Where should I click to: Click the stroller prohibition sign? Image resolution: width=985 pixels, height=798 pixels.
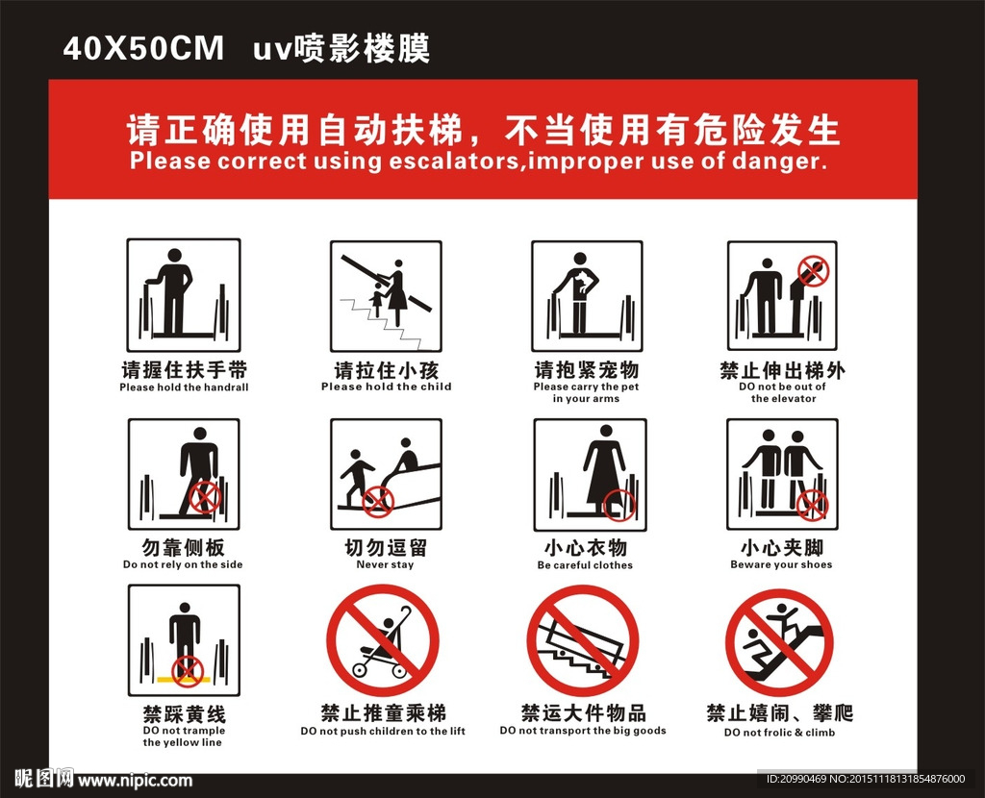(x=382, y=641)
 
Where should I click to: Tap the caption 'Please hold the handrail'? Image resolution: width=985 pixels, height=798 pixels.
(x=184, y=387)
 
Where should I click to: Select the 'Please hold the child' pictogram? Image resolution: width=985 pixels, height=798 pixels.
(x=387, y=295)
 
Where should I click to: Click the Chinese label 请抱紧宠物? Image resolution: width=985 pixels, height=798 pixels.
(x=586, y=369)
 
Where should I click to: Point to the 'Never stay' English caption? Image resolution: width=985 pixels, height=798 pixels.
(x=385, y=564)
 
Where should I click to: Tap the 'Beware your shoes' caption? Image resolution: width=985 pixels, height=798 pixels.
(x=781, y=564)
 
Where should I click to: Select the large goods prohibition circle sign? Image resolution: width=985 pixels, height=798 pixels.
(x=582, y=641)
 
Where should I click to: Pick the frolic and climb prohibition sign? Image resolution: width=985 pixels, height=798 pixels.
(x=779, y=642)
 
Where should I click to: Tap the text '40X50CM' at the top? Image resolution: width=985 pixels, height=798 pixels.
(x=142, y=48)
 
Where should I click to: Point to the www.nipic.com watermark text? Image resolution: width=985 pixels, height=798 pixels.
(x=135, y=780)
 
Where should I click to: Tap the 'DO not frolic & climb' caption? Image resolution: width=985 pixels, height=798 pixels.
(x=779, y=733)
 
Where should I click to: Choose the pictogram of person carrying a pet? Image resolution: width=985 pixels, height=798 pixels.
(x=586, y=295)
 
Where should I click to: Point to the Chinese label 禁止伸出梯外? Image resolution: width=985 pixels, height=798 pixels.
(x=782, y=369)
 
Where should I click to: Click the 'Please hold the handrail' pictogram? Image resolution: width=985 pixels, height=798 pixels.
(x=184, y=295)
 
